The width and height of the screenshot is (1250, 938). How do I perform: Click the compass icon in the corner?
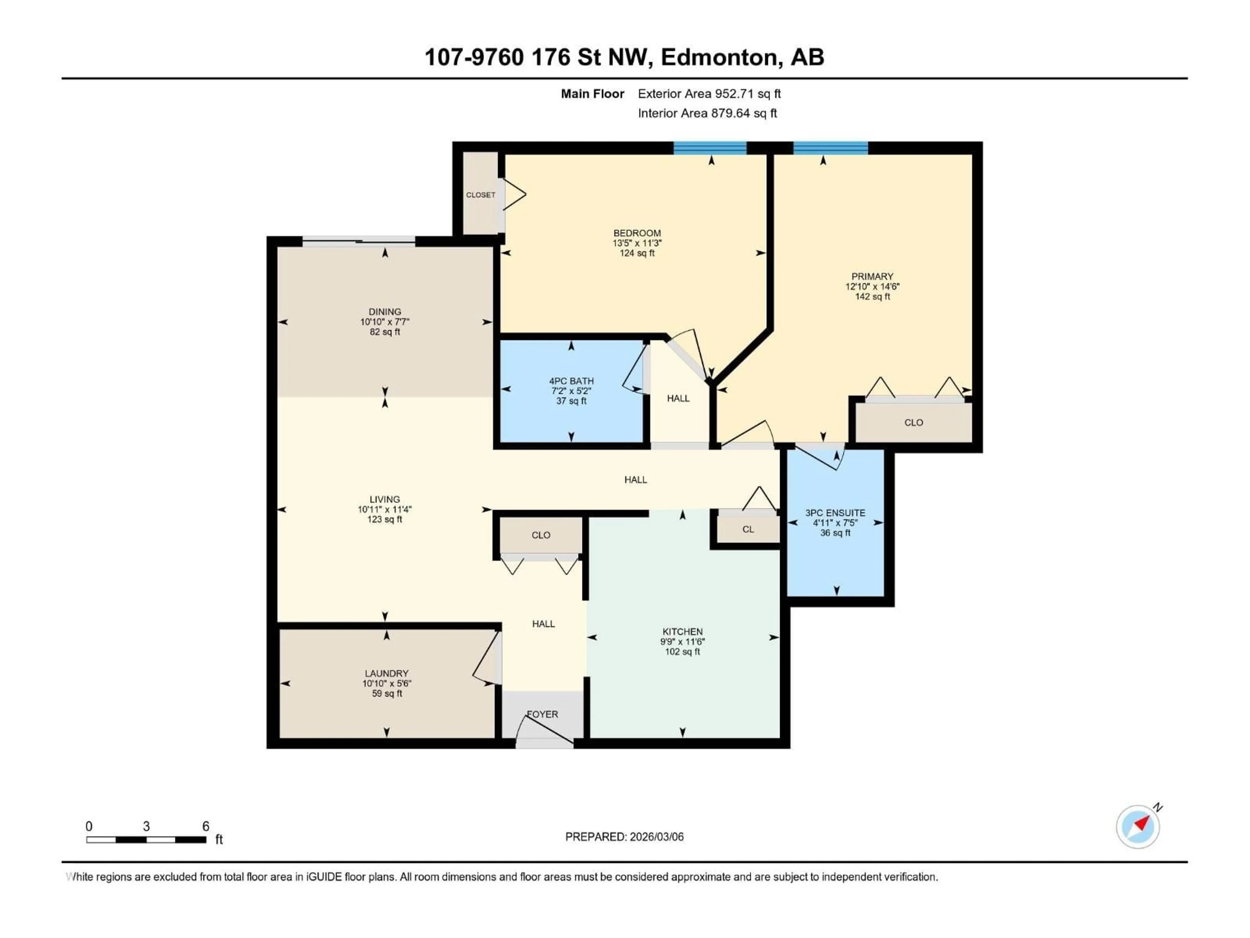pos(1138,827)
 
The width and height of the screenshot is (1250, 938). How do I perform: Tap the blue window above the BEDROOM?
pos(710,148)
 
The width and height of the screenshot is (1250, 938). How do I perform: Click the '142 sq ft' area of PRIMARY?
pos(872,297)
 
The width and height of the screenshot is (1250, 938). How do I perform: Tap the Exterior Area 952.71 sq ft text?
pos(709,94)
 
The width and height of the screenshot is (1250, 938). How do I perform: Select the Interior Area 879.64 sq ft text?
pos(707,113)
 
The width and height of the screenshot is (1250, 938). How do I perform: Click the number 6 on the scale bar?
pos(206,826)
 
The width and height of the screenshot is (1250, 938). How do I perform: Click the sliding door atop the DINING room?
pos(359,241)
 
